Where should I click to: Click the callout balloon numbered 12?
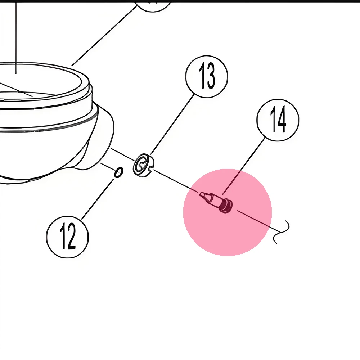pos(67,237)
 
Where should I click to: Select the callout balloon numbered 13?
pos(206,76)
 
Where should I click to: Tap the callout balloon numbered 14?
pos(278,120)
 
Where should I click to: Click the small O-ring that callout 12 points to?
pos(119,172)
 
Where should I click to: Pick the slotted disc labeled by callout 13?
pos(144,165)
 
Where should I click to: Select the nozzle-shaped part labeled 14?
pos(216,202)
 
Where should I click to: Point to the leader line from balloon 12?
pos(97,199)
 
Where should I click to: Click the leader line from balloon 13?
pos(172,125)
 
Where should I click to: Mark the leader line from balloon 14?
pos(244,166)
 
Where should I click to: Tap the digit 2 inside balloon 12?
pos(72,237)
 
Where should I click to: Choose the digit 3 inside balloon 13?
pos(211,76)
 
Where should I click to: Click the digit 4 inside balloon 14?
pos(282,120)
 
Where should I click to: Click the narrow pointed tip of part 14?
pos(202,195)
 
